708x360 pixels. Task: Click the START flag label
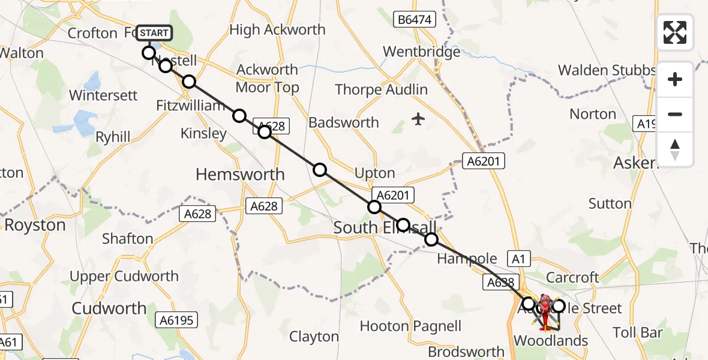pos(155,33)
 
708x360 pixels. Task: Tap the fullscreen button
pos(675,32)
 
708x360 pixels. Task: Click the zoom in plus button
pos(675,79)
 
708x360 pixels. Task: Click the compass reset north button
pos(675,149)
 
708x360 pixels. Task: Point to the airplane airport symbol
pos(418,119)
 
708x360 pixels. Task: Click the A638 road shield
pos(497,281)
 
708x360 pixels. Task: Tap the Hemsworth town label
pos(241,175)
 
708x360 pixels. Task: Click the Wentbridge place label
pos(422,52)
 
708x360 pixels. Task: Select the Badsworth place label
pos(344,122)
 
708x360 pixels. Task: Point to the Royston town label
pos(35,226)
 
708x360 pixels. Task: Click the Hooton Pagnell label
pos(410,326)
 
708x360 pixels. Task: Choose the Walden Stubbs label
pos(606,70)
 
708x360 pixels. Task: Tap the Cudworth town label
pos(109,308)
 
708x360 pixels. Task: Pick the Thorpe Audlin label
pos(382,90)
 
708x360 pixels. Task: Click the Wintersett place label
pos(103,95)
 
